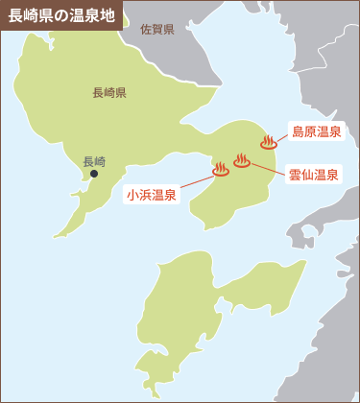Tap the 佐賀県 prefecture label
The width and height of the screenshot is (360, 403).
tap(156, 30)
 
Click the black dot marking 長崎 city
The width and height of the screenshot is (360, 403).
tap(94, 174)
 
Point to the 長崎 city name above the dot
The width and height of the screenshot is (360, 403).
tap(94, 161)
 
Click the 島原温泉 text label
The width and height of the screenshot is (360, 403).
tap(316, 130)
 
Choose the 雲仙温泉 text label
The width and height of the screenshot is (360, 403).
tap(313, 175)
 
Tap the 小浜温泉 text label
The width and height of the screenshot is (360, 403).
tap(151, 195)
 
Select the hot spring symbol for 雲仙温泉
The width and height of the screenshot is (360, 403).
tap(242, 161)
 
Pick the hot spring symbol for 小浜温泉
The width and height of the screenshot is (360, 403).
tap(220, 170)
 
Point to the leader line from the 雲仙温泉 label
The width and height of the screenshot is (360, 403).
tap(268, 169)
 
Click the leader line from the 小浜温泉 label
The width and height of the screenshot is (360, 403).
tap(196, 182)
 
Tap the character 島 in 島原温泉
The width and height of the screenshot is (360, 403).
tap(298, 130)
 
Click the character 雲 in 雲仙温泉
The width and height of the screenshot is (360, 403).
tap(295, 175)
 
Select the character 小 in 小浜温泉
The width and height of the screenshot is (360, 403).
tap(132, 195)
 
